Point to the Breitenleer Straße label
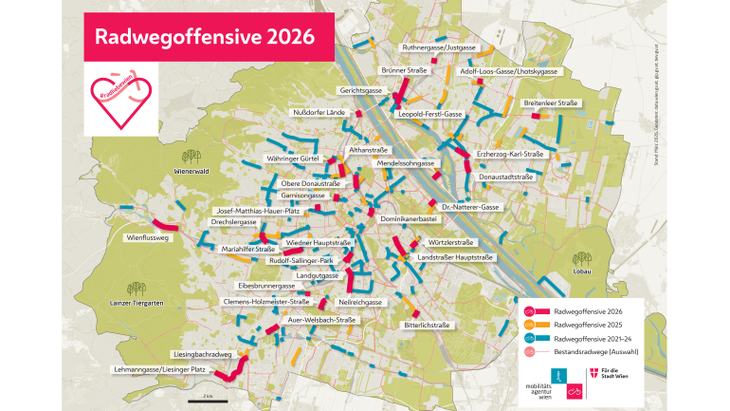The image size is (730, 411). [x=551, y=102]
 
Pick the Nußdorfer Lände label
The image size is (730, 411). [x=322, y=112]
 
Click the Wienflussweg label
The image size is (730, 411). [x=147, y=238]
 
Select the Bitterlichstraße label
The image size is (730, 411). [x=427, y=324]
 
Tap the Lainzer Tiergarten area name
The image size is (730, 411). [x=138, y=303]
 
